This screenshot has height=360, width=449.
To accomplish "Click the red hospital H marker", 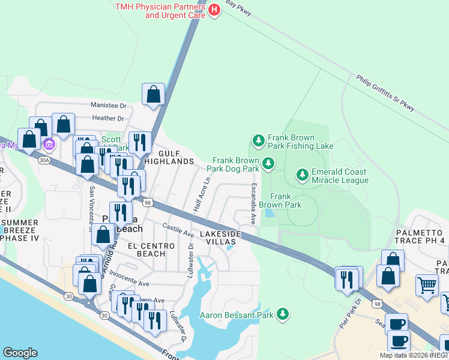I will pyautogui.click(x=214, y=10).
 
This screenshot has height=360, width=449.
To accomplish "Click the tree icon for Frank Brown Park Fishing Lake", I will pyautogui.click(x=258, y=141).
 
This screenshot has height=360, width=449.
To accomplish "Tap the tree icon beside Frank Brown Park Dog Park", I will pyautogui.click(x=268, y=163).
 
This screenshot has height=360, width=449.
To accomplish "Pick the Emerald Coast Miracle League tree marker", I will pyautogui.click(x=303, y=175).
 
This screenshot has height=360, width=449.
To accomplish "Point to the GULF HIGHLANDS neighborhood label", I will pyautogui.click(x=168, y=161).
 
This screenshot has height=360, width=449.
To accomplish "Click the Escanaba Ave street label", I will pyautogui.click(x=254, y=200).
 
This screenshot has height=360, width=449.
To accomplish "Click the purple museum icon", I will pyautogui.click(x=49, y=145).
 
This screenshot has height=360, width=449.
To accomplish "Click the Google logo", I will pyautogui.click(x=20, y=353).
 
